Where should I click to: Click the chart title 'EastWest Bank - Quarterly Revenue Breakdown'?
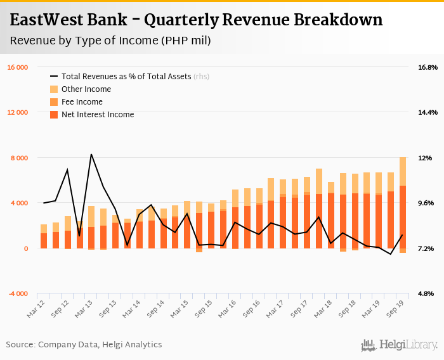(196, 20)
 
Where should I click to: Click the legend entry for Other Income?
(86, 89)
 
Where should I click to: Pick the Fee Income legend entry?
(82, 101)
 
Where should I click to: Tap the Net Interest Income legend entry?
(97, 115)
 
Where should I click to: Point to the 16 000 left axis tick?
(17, 67)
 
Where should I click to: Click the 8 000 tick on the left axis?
(19, 158)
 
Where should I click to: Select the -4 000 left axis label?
(18, 294)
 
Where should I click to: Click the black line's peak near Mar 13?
(91, 154)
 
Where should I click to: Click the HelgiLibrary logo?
(400, 345)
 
